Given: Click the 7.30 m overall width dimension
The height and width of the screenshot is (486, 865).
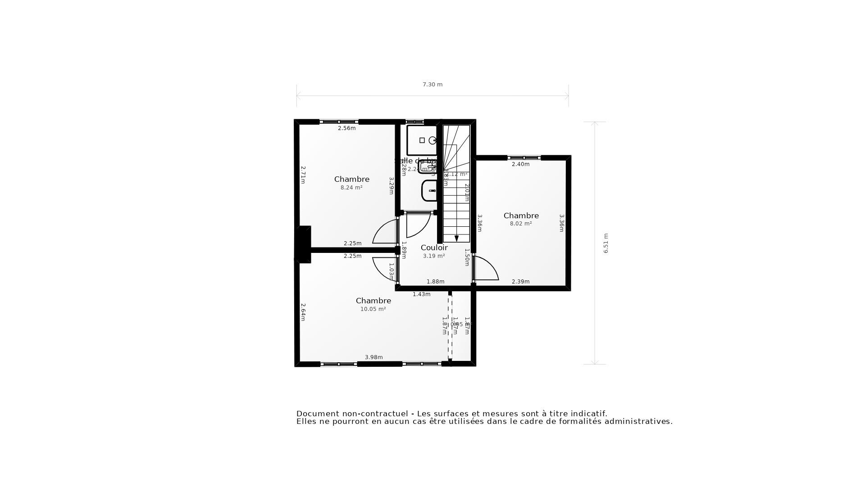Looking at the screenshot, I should click(432, 85).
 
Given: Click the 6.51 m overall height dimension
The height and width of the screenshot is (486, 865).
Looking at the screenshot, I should click(605, 243).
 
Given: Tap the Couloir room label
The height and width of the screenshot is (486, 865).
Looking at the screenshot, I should click(434, 248).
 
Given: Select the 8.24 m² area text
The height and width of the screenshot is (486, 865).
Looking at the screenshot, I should click(351, 188).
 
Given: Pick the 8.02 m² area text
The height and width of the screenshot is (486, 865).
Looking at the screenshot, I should click(521, 224).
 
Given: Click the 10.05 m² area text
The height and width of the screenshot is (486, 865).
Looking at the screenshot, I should click(373, 309).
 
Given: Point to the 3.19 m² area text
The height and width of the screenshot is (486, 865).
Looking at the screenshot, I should click(434, 256).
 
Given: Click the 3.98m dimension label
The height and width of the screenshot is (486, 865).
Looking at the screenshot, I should click(373, 357).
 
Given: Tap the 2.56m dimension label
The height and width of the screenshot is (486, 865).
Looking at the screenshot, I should click(346, 128).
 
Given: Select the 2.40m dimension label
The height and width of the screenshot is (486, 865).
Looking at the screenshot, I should click(520, 164).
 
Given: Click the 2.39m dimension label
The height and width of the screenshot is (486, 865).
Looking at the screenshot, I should click(520, 282).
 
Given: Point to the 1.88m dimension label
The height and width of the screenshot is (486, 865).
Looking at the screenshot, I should click(435, 282).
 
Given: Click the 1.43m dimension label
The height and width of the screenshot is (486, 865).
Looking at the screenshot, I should click(421, 294).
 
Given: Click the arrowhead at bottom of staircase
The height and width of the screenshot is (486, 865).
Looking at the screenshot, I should click(456, 238).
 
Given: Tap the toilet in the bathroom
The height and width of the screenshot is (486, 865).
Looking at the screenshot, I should click(430, 191).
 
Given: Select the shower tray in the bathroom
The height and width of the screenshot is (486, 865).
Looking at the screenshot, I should click(422, 140).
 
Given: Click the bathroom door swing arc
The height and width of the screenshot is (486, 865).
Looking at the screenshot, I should click(418, 226).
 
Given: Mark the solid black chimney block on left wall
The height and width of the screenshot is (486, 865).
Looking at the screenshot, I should click(304, 244).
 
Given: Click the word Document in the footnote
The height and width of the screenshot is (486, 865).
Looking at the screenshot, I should click(317, 414).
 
